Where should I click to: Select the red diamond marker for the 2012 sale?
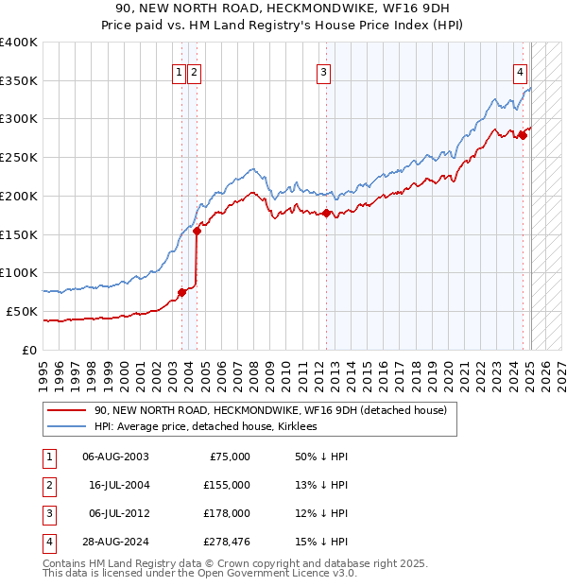pos(327,213)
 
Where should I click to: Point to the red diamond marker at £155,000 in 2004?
pos(197,231)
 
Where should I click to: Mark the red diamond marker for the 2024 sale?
pos(523,135)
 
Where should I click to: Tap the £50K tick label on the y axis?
pos(22,311)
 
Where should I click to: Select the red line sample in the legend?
pos(65,411)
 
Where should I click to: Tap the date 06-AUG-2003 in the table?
pos(115,457)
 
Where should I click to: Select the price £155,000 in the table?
pos(227,485)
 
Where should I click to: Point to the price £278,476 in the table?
pos(227,542)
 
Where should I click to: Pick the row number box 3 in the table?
pos(47,513)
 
